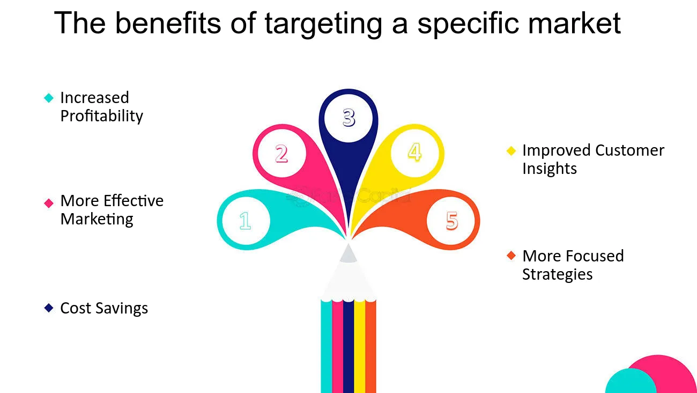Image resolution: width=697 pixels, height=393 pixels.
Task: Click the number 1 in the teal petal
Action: pyautogui.click(x=245, y=221)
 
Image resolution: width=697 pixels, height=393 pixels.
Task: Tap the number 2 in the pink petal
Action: pyautogui.click(x=281, y=154)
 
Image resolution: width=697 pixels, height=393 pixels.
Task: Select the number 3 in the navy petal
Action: pyautogui.click(x=349, y=118)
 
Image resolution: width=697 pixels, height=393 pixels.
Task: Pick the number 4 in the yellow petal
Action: pyautogui.click(x=415, y=152)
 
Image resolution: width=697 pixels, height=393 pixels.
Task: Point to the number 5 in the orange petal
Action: pyautogui.click(x=452, y=221)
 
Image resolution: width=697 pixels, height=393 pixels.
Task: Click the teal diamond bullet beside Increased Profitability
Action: pyautogui.click(x=49, y=98)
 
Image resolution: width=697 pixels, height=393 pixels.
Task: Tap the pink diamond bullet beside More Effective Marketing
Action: pyautogui.click(x=49, y=203)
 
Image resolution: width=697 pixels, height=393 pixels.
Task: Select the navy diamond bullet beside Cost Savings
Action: pyautogui.click(x=49, y=308)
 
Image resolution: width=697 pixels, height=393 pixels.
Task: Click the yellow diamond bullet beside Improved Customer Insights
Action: pyautogui.click(x=511, y=151)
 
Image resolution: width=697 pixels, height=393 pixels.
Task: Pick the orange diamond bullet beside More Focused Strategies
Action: pyautogui.click(x=511, y=256)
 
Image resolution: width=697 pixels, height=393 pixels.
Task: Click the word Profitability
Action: pyautogui.click(x=102, y=117)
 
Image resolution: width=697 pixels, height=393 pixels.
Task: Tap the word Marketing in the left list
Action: pyautogui.click(x=97, y=219)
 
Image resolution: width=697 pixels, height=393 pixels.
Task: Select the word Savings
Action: pyautogui.click(x=122, y=309)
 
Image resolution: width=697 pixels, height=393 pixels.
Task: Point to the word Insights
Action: pyautogui.click(x=550, y=169)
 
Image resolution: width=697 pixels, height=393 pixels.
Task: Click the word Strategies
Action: pyautogui.click(x=557, y=275)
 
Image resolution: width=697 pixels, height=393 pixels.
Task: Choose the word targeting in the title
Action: pyautogui.click(x=323, y=24)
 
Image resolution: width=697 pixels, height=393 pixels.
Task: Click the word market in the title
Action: pyautogui.click(x=575, y=24)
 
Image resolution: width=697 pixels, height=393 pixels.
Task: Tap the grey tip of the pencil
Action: pyautogui.click(x=348, y=254)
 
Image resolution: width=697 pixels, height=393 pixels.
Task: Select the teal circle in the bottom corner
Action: pyautogui.click(x=631, y=382)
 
